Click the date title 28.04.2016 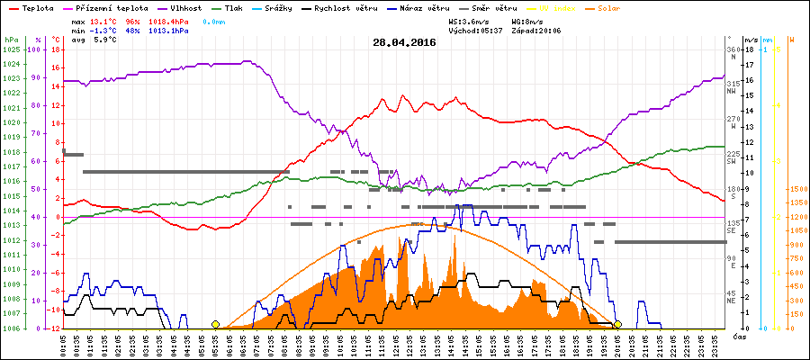coord(405,41)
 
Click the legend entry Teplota coord(31,6)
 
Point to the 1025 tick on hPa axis coord(11,49)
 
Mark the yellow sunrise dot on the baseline coord(215,324)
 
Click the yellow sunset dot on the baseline coord(617,324)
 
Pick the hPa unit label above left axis coord(11,40)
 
